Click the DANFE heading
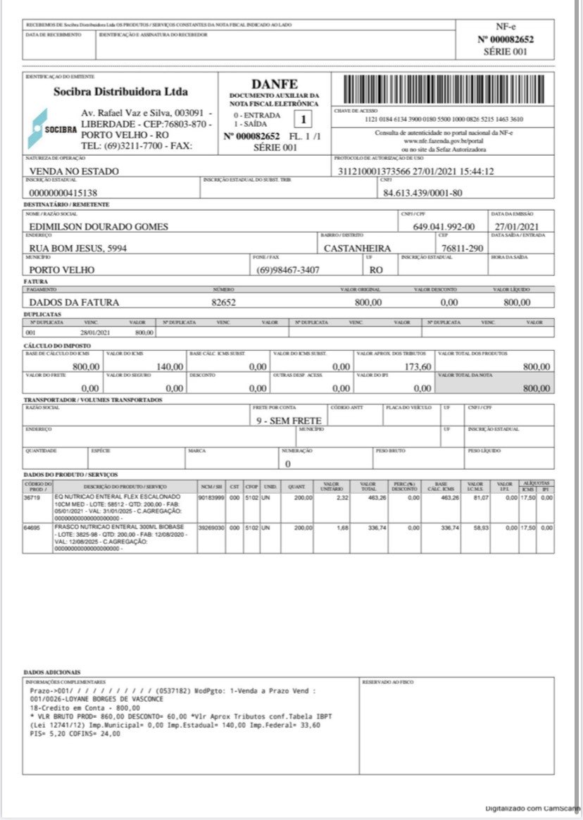tap(275, 83)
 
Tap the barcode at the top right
tap(444, 89)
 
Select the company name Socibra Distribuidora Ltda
tap(120, 92)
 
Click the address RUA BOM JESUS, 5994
tap(77, 248)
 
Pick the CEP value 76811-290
tap(462, 248)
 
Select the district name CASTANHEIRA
tap(357, 248)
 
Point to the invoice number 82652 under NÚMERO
tap(223, 302)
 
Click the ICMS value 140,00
tap(170, 366)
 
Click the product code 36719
tap(32, 497)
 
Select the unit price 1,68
tap(342, 526)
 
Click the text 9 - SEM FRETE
tap(289, 421)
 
